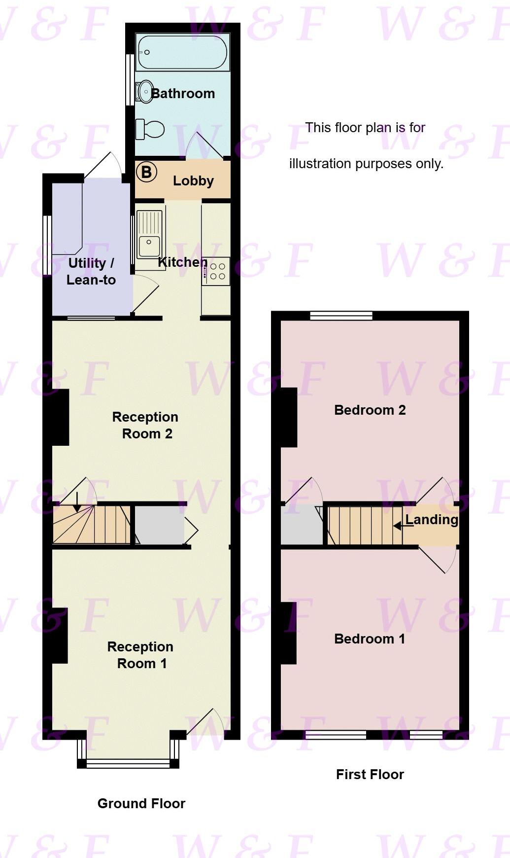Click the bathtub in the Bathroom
pos(182,52)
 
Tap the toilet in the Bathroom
pos(150,129)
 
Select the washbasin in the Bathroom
pos(145,91)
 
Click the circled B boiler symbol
pos(146,172)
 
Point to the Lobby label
pos(193,181)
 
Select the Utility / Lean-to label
pos(91,272)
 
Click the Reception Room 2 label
pos(145,425)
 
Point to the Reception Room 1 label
pos(140,655)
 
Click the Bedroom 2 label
pos(370,410)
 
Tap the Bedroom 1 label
pos(370,639)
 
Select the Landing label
pos(432,520)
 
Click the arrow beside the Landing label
pos(399,526)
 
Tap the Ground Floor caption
pos(141,804)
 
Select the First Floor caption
pos(370,775)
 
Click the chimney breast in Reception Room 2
pos(61,418)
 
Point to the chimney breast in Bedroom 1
pos(289,633)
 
